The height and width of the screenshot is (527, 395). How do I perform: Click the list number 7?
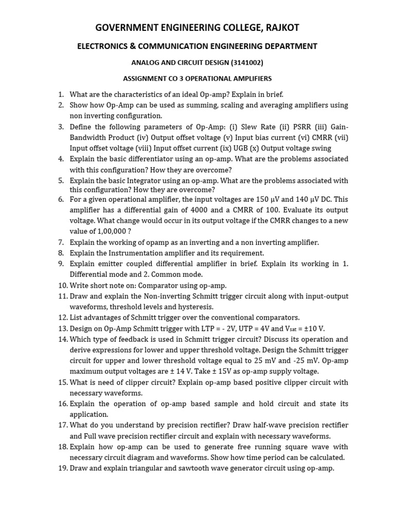coord(61,242)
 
